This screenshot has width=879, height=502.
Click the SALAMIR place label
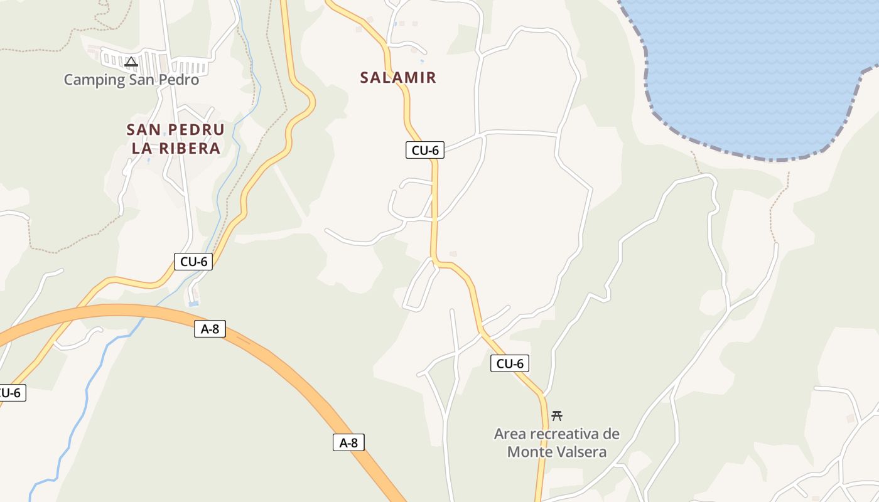click(x=398, y=78)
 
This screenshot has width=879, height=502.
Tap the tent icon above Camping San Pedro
click(x=131, y=61)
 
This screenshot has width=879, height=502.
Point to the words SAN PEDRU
click(x=175, y=130)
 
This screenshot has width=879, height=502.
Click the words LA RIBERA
click(x=176, y=149)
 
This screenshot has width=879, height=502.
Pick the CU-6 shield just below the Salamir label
click(x=424, y=150)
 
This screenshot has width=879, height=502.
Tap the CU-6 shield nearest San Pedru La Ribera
click(x=193, y=262)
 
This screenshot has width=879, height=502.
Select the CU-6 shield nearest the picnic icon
click(x=509, y=363)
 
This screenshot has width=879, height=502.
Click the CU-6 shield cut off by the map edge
click(x=11, y=393)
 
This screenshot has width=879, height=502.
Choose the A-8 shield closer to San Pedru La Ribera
click(x=210, y=329)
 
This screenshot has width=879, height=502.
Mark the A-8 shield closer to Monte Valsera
click(x=348, y=442)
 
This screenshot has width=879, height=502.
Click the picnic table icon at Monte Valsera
click(x=556, y=415)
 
